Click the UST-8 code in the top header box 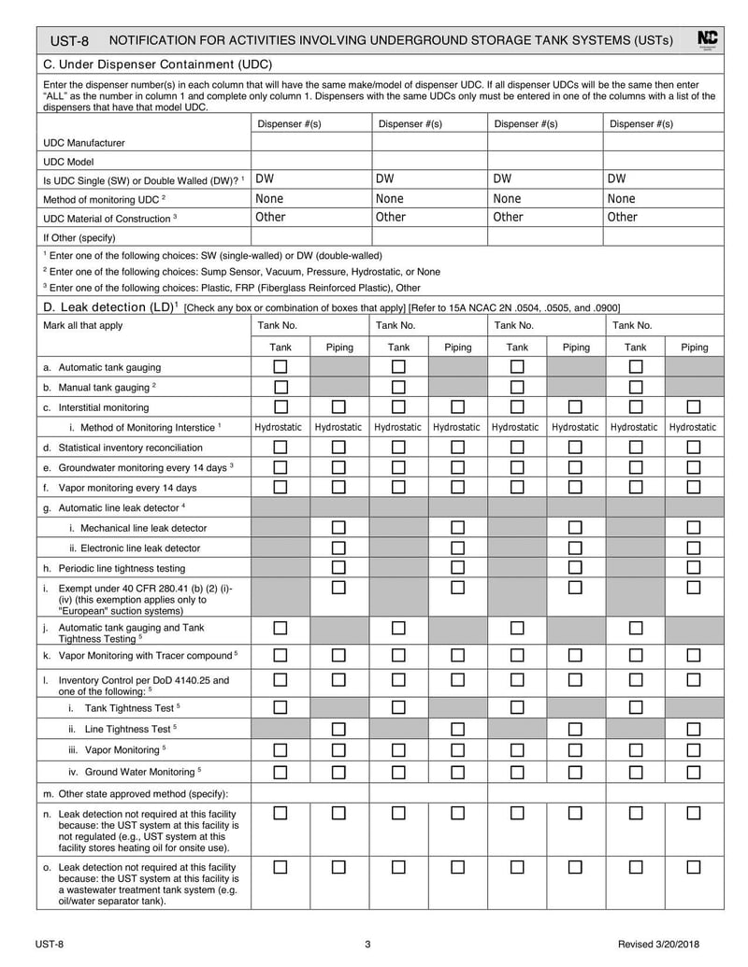(70, 40)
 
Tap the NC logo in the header (708, 39)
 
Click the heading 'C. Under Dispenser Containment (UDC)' (157, 64)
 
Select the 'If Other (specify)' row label (79, 237)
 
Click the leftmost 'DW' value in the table (265, 178)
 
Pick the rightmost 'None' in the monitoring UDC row (621, 198)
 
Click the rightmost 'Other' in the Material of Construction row (623, 217)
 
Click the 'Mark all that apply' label (83, 325)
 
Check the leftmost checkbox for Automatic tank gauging (280, 367)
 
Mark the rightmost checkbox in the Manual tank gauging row (636, 387)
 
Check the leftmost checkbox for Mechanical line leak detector (338, 528)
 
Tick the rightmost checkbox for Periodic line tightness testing (694, 568)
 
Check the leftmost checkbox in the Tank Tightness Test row (280, 707)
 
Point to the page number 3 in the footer (367, 944)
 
